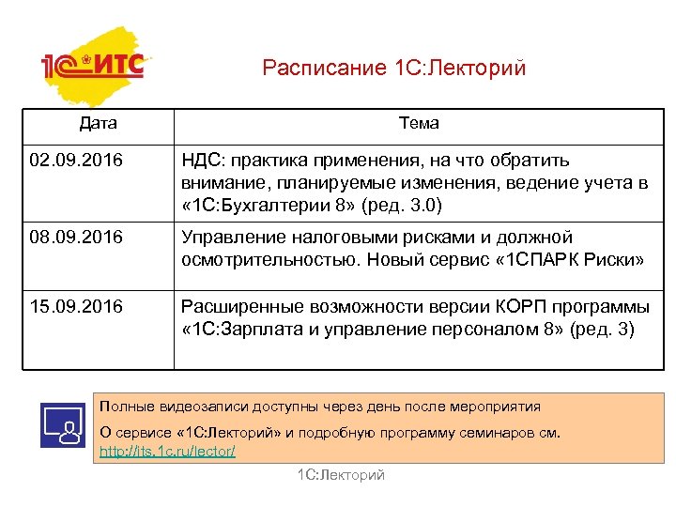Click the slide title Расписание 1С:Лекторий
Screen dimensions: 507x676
click(394, 68)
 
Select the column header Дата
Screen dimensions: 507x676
click(99, 123)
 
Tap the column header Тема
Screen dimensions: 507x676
click(419, 123)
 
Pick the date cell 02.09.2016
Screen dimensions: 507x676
click(76, 161)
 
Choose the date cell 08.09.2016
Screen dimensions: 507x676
click(76, 238)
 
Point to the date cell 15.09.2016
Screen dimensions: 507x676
click(76, 306)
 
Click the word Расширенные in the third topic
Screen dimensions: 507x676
click(238, 306)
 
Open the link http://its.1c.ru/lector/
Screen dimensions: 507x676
click(167, 452)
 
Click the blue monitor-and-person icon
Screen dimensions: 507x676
click(64, 423)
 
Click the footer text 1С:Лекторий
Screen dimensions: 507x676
click(341, 476)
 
